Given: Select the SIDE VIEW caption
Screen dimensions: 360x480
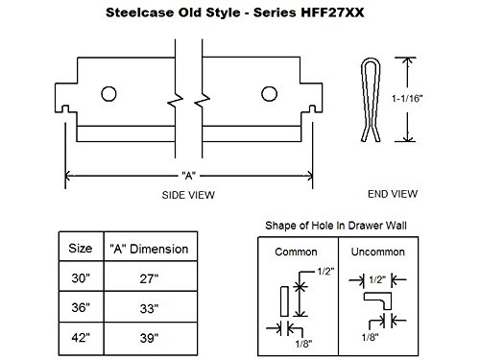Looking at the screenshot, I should tap(186, 195).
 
